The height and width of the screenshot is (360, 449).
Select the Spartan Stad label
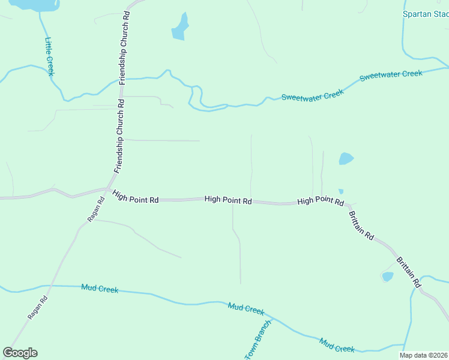click(x=425, y=14)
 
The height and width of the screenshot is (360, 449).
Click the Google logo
click(x=20, y=353)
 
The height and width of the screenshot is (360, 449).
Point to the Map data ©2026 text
click(x=424, y=355)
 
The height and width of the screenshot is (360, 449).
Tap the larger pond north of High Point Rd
click(x=346, y=158)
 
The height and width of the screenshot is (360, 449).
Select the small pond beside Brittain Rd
click(x=388, y=277)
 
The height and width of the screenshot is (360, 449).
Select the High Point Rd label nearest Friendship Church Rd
click(x=136, y=196)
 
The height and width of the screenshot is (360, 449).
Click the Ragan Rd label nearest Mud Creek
click(x=37, y=307)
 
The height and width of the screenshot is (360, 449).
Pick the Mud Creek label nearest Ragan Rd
click(x=100, y=289)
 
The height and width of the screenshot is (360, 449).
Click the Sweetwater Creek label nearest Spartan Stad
click(x=391, y=76)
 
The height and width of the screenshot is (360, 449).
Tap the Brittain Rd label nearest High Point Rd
click(x=361, y=226)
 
